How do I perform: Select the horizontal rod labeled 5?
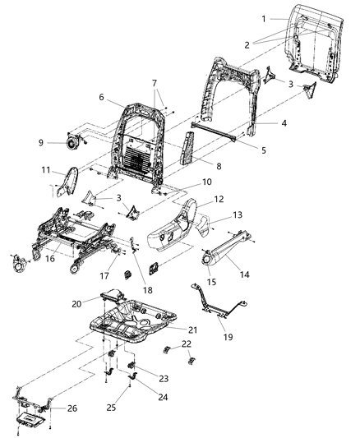click(214, 131)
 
